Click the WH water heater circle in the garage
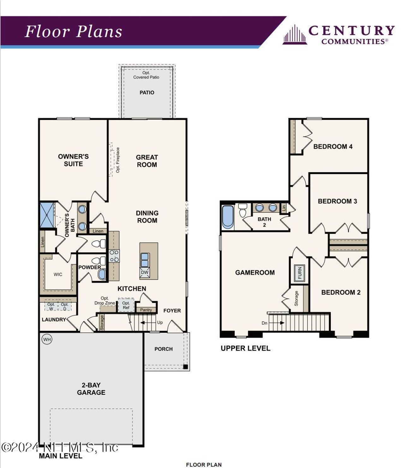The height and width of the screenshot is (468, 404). pos(47,340)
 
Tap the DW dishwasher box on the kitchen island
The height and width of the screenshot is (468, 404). pos(145,272)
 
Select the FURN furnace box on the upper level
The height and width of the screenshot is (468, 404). pos(299,273)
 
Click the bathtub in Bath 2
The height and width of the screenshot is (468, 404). pos(228,217)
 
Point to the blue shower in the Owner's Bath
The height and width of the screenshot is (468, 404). pos(47,215)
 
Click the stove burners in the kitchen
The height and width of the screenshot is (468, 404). pos(114,256)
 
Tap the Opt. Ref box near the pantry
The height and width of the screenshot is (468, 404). pos(126,305)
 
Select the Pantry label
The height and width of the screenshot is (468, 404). pos(146,310)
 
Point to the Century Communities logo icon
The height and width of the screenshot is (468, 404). pos(294,34)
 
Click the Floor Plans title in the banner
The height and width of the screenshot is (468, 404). pos(74,32)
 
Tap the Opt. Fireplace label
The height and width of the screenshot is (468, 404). pos(118,160)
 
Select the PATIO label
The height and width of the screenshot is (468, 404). pos(147,93)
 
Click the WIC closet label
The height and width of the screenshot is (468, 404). pos(58,274)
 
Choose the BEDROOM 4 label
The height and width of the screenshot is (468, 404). pos(333,147)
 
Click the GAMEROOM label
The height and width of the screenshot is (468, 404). pos(255,272)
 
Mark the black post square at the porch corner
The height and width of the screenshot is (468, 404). pos(186,367)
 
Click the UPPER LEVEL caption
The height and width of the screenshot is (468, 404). pos(245,348)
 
